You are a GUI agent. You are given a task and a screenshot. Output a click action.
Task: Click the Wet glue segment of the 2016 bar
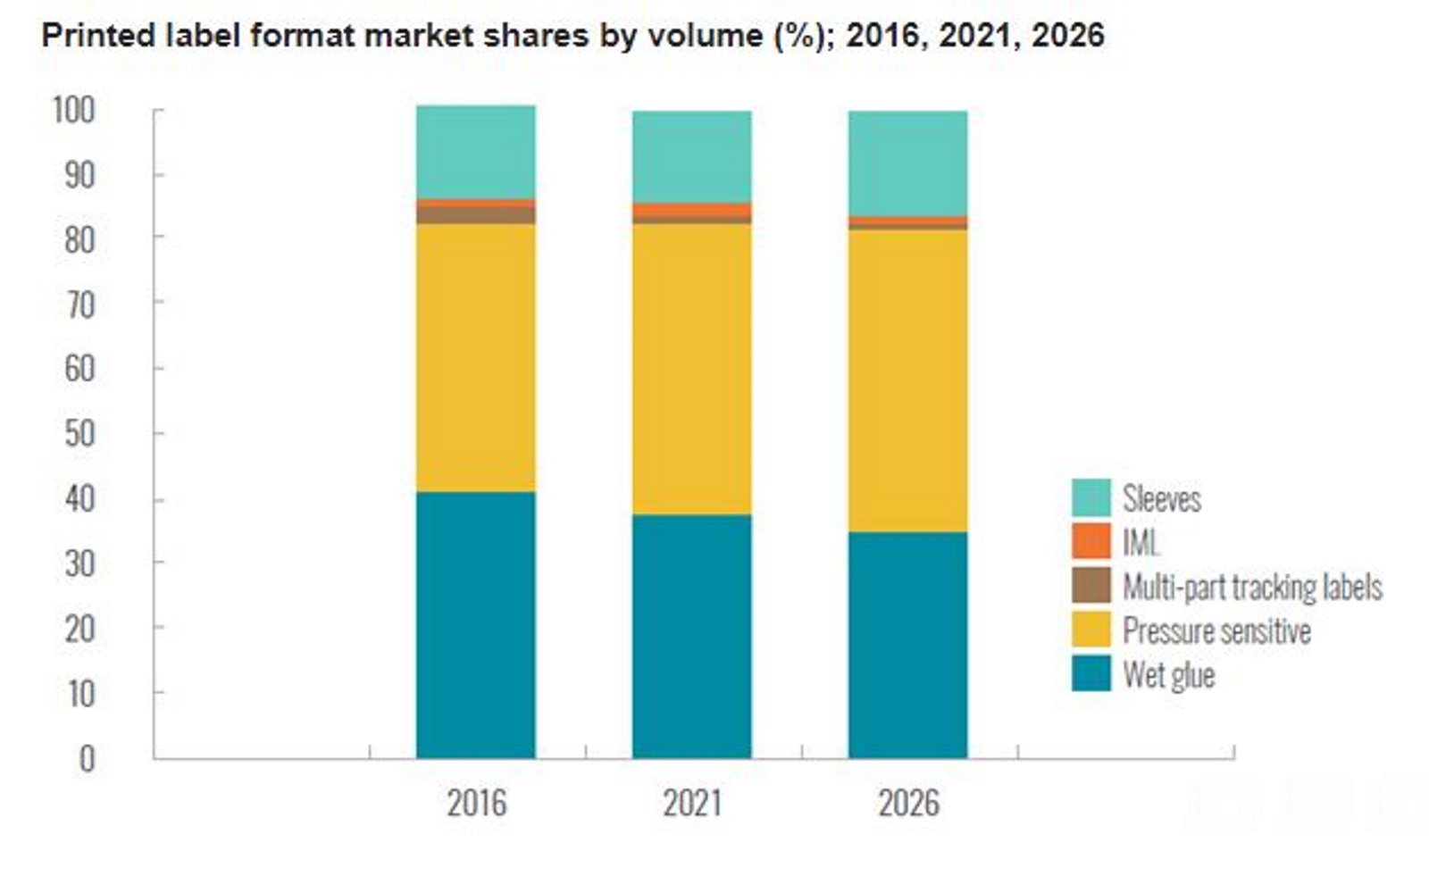point(475,625)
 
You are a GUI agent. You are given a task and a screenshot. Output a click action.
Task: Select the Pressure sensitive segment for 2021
point(691,368)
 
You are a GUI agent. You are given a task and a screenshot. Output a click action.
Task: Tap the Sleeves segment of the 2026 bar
point(907,163)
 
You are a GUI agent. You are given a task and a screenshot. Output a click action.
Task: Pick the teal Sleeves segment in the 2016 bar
point(475,152)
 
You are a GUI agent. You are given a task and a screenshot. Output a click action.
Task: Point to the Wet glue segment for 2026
point(907,645)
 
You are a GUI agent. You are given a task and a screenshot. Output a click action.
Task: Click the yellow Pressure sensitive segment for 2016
point(475,357)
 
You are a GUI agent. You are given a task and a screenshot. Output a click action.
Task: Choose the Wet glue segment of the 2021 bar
point(691,636)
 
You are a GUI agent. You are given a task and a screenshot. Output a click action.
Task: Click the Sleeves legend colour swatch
point(1091,497)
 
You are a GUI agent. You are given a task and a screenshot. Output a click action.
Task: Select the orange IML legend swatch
point(1091,541)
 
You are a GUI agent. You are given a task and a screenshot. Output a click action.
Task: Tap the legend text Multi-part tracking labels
point(1252,587)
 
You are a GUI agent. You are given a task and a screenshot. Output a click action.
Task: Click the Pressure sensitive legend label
point(1216,630)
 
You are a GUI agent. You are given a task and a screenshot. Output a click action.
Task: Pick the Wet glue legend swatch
point(1091,673)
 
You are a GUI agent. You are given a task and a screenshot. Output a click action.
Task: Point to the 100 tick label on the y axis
point(73,111)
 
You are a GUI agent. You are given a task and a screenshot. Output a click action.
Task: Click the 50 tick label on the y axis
point(79,434)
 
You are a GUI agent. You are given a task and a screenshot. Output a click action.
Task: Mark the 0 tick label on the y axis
point(87,758)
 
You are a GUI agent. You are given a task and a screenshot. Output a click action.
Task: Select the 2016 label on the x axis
point(476,803)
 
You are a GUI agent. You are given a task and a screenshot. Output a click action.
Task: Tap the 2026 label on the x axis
point(908,803)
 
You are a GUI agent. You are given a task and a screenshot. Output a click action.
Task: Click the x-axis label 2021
point(692,803)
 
